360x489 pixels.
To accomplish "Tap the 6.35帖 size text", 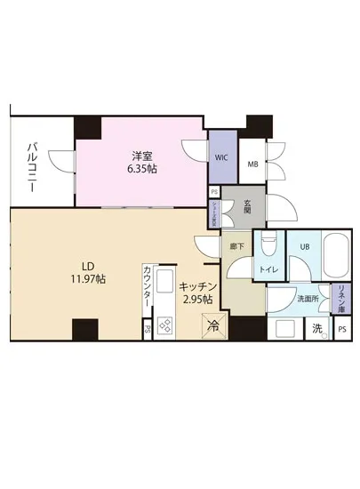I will (x=142, y=169).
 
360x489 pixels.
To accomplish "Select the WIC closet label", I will (x=221, y=158).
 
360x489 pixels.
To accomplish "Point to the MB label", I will (x=252, y=164).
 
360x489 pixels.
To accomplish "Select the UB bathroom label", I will (x=303, y=246).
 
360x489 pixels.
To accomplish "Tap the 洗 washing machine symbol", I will (x=317, y=328).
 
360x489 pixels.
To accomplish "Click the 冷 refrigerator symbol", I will (x=213, y=327).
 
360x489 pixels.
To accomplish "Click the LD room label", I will (x=89, y=265).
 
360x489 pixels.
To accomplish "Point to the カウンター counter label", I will (x=148, y=290).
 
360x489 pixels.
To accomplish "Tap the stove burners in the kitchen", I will (x=165, y=325).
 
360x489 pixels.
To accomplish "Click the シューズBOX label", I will (x=214, y=210).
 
